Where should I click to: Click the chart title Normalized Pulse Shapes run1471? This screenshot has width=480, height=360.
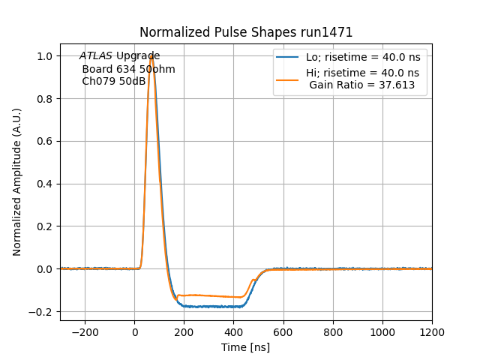(x=246, y=32)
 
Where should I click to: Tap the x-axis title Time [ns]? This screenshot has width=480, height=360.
(x=245, y=347)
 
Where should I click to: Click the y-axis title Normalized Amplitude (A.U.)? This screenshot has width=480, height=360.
(x=17, y=182)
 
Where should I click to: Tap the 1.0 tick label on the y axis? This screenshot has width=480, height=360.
(x=45, y=56)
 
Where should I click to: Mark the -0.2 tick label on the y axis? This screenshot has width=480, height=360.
(x=42, y=311)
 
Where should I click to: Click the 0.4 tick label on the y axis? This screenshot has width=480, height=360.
(x=45, y=184)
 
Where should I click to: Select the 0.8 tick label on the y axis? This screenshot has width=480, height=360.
(x=45, y=99)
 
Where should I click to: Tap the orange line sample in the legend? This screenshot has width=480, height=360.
(x=288, y=79)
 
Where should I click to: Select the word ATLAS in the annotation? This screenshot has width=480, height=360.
(x=96, y=56)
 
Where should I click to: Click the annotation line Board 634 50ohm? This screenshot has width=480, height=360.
(x=128, y=69)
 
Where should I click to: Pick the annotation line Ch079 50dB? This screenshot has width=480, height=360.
(x=114, y=81)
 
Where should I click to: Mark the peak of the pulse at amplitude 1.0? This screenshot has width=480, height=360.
(x=151, y=56)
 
